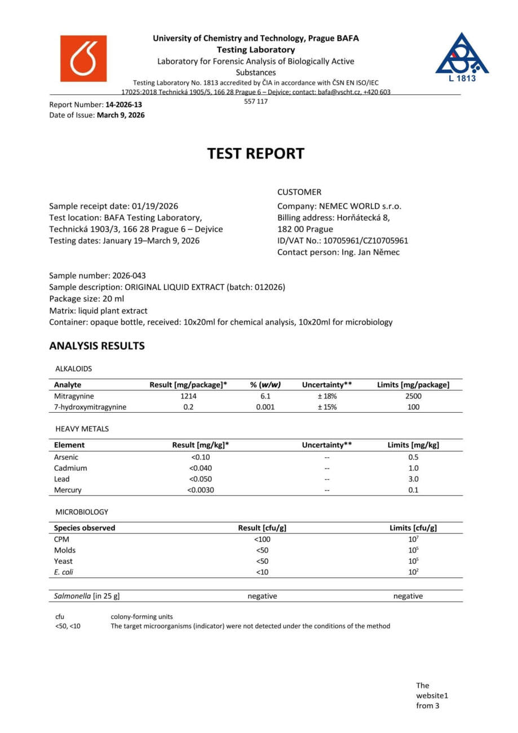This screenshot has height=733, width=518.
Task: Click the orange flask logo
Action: pyautogui.click(x=83, y=59)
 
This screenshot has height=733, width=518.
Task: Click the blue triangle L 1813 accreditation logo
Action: pyautogui.click(x=462, y=57)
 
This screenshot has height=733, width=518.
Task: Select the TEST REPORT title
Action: pyautogui.click(x=255, y=153)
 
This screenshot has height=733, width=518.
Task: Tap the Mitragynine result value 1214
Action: pyautogui.click(x=188, y=396)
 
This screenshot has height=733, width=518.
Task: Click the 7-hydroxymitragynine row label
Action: pyautogui.click(x=90, y=407)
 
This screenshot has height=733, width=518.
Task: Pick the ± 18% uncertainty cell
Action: pyautogui.click(x=327, y=396)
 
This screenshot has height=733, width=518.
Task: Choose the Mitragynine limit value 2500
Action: pyautogui.click(x=413, y=396)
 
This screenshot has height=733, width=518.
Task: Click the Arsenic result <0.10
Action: pyautogui.click(x=200, y=457)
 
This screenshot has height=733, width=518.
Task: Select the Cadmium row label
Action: pyautogui.click(x=70, y=468)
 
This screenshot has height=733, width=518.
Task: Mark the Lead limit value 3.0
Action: pyautogui.click(x=413, y=479)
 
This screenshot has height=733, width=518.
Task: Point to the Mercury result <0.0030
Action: pyautogui.click(x=200, y=490)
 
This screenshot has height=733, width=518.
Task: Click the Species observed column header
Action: pyautogui.click(x=85, y=528)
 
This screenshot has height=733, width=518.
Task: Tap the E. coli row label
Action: pyautogui.click(x=64, y=572)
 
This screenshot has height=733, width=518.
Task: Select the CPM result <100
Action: pyautogui.click(x=262, y=539)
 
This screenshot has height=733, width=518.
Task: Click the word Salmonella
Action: pyautogui.click(x=72, y=596)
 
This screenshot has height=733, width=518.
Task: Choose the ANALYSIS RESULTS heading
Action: pyautogui.click(x=97, y=346)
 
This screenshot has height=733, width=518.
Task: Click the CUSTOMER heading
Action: pyautogui.click(x=299, y=192)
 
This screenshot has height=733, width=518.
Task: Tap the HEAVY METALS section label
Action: pyautogui.click(x=82, y=429)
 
